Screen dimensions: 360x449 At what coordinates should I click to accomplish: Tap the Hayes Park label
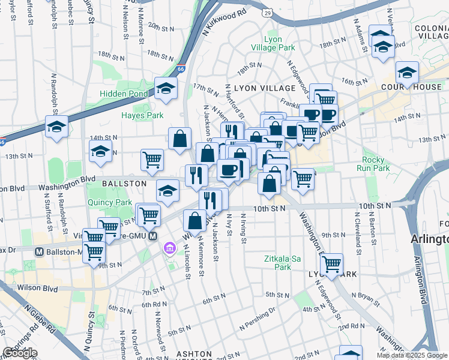coord(142,115)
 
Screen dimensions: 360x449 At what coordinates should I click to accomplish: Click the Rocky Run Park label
coord(376,164)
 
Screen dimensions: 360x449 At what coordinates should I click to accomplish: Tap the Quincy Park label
coord(109,202)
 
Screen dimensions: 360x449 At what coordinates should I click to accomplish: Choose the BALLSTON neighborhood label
coord(124,183)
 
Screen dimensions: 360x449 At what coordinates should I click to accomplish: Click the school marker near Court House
coord(407,73)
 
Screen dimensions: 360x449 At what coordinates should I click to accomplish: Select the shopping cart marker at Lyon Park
coord(331,263)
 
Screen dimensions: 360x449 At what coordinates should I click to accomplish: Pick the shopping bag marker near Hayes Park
coord(179,139)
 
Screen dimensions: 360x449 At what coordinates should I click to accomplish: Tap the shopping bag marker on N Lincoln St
coord(194,221)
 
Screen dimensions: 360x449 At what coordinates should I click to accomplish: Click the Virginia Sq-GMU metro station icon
coord(153,237)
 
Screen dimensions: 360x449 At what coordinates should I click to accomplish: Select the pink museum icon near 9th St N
coord(169,247)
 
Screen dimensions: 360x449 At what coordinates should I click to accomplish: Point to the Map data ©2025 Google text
coord(412,355)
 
